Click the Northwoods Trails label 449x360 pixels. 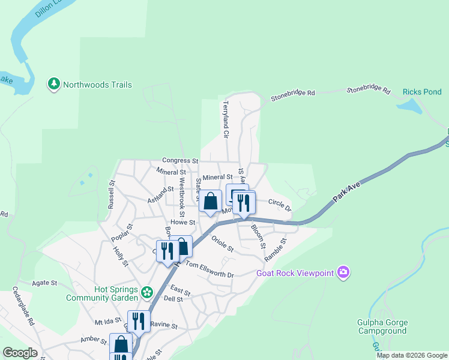pyautogui.click(x=97, y=85)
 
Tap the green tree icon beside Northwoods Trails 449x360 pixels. pyautogui.click(x=54, y=84)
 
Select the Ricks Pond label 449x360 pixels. pyautogui.click(x=422, y=92)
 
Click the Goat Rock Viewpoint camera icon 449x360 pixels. pyautogui.click(x=343, y=273)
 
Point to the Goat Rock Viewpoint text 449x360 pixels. pyautogui.click(x=295, y=273)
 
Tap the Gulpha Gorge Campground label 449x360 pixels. pyautogui.click(x=382, y=326)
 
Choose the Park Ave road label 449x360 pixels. pyautogui.click(x=347, y=193)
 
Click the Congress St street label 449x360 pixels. pyautogui.click(x=180, y=161)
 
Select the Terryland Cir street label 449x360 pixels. pyautogui.click(x=226, y=119)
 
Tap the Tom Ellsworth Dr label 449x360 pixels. pyautogui.click(x=209, y=269)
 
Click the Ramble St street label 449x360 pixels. pyautogui.click(x=276, y=250)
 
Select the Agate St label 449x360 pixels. pyautogui.click(x=45, y=282)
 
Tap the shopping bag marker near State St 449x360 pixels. pyautogui.click(x=210, y=202)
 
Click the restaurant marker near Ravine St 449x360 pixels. pyautogui.click(x=139, y=321)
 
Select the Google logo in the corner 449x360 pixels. pyautogui.click(x=19, y=353)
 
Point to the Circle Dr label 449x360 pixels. pyautogui.click(x=279, y=205)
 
